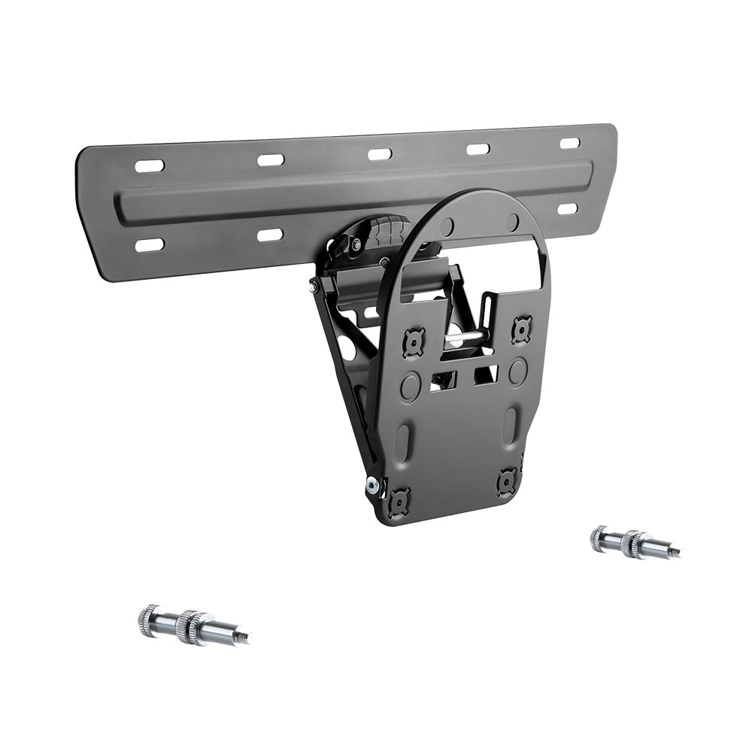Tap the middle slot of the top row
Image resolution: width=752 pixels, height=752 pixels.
tap(380, 153)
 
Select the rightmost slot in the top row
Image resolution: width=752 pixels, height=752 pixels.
tap(570, 143)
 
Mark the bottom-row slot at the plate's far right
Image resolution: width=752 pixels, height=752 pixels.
tap(569, 208)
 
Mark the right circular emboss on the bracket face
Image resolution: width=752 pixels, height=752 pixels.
tap(517, 371)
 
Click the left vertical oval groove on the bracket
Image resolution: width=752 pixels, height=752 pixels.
tap(403, 441)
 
